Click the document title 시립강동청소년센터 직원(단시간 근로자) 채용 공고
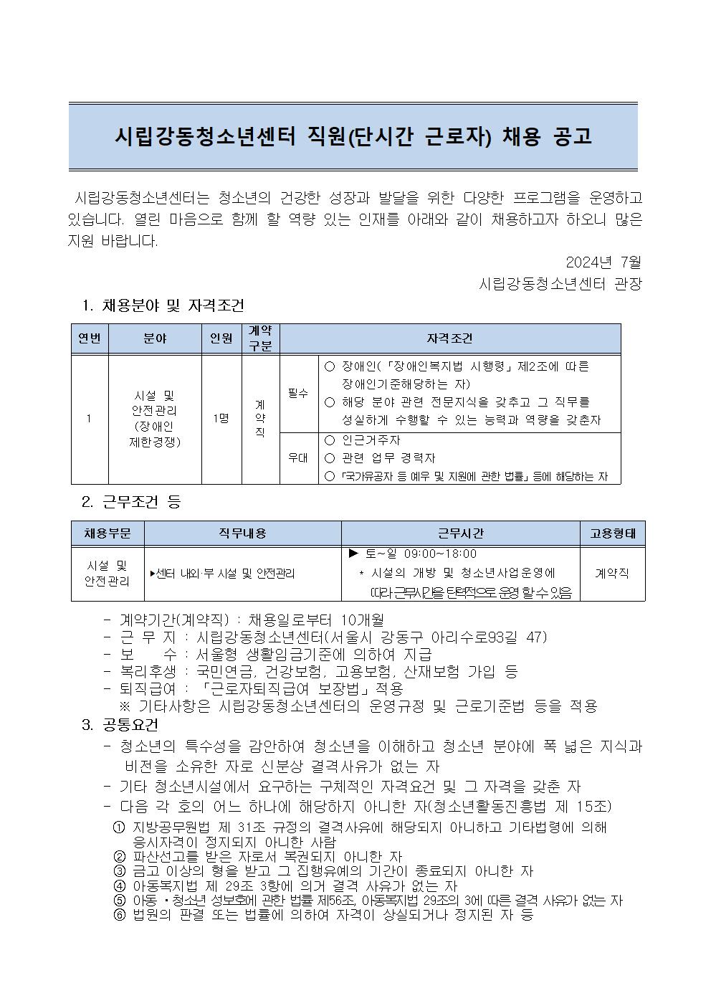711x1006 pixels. coord(355,136)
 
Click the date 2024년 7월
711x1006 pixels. coord(603,261)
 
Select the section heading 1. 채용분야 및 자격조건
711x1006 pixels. coord(163,306)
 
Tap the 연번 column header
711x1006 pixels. coord(90,338)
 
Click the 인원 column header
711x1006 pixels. coord(221,338)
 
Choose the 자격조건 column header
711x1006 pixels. coord(450,338)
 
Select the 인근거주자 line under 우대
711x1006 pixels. coord(371,440)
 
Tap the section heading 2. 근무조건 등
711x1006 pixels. coord(131,503)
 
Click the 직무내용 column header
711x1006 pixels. coord(242,533)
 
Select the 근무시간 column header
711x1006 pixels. coord(460,533)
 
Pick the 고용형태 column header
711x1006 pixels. coord(612,533)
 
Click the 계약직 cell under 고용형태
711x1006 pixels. coord(612,574)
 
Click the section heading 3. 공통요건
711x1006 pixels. coord(120,725)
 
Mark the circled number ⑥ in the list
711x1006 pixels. coord(120,915)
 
